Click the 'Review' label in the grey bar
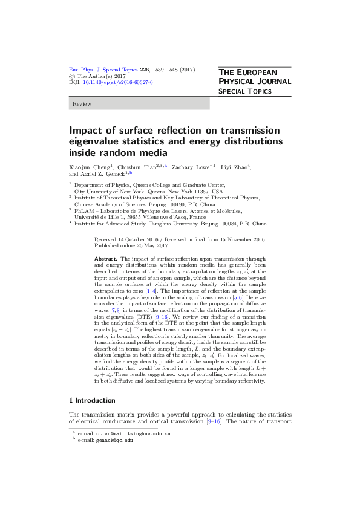(82, 104)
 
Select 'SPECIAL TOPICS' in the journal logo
(245, 91)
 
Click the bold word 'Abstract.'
(106, 258)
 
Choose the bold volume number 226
(144, 70)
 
